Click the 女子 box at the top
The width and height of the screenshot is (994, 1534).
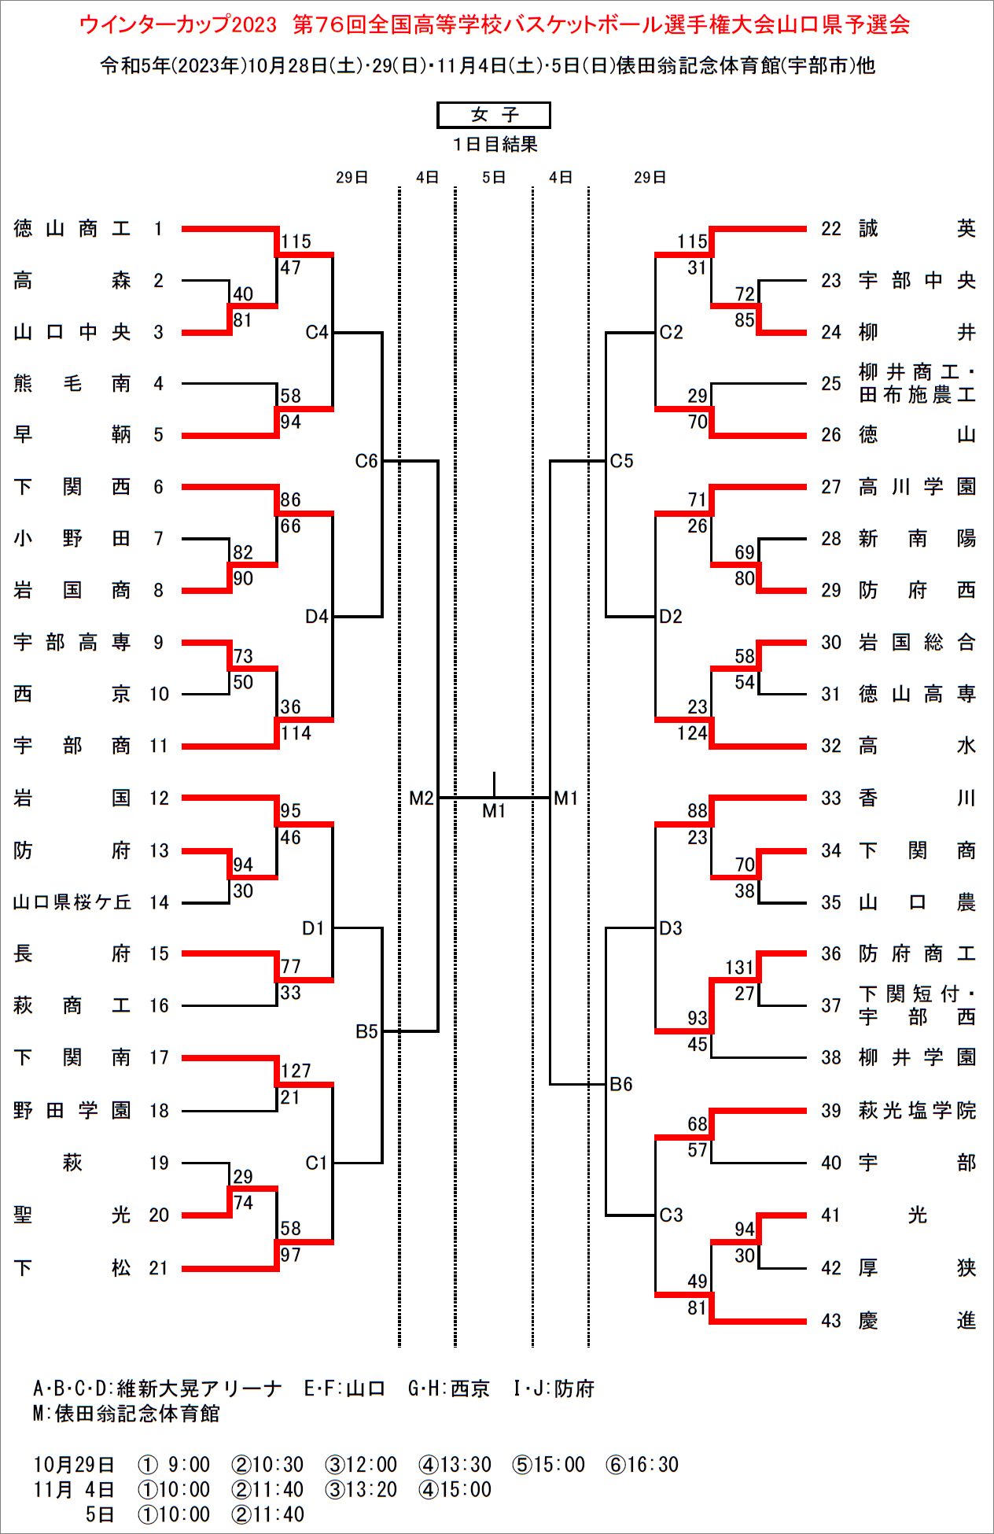tap(494, 115)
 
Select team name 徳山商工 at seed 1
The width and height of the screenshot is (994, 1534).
tap(72, 229)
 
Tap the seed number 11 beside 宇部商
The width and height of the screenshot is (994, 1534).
tap(159, 746)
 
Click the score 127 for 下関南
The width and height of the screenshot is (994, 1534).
tap(296, 1071)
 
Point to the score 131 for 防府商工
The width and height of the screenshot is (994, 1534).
tap(739, 967)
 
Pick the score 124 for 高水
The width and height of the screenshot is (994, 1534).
tap(692, 733)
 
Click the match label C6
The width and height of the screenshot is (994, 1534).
tap(366, 461)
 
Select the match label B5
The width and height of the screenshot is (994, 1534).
tap(366, 1031)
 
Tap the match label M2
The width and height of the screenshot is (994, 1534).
tap(422, 798)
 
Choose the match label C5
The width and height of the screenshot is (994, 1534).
tap(621, 461)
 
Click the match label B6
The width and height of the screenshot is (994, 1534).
tap(621, 1084)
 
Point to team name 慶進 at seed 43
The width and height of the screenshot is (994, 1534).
tap(917, 1321)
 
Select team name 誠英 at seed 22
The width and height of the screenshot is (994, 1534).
tap(917, 229)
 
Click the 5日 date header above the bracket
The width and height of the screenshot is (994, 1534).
tap(494, 178)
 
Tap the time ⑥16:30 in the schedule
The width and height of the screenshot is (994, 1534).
tap(642, 1465)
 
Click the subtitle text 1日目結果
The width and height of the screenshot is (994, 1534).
tap(495, 145)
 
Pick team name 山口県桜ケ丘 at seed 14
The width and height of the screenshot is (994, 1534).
tap(72, 902)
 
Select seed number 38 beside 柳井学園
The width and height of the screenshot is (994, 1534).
tap(831, 1058)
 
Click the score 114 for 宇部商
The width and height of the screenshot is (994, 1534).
tap(296, 733)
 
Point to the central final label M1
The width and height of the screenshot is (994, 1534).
tap(494, 810)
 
